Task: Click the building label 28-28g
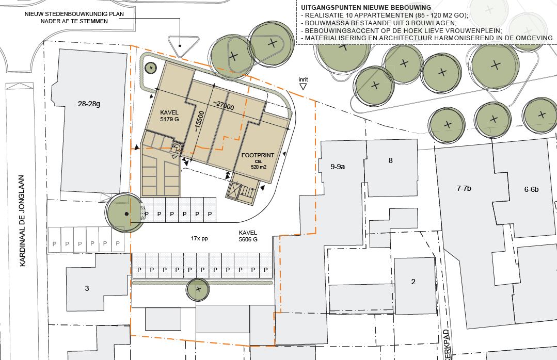click(x=89, y=104)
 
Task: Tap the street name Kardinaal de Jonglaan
click(x=22, y=220)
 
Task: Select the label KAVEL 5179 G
click(x=169, y=116)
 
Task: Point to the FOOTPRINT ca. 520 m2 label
click(x=258, y=161)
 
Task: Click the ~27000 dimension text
click(x=224, y=105)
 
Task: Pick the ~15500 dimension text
click(x=199, y=122)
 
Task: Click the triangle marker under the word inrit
click(x=303, y=87)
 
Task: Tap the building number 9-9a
click(x=338, y=167)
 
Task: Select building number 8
click(x=390, y=160)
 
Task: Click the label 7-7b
click(x=464, y=188)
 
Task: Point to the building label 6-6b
click(x=531, y=189)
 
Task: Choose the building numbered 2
click(x=413, y=282)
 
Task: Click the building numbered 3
click(x=87, y=288)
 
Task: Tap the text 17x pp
click(x=199, y=239)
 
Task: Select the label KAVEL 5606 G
click(x=248, y=236)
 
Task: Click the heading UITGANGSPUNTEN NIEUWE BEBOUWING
click(x=366, y=7)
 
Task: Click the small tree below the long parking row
click(x=198, y=289)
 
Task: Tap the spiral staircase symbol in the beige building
click(x=177, y=148)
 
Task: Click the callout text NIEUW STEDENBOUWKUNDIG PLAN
click(x=74, y=14)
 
